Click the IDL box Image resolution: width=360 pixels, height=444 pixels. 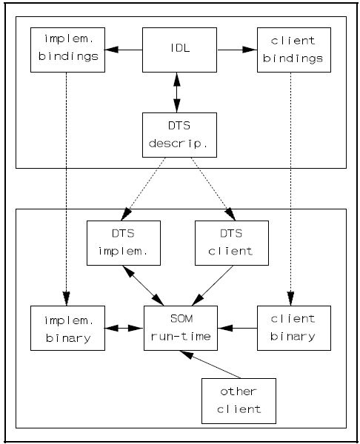(x=179, y=50)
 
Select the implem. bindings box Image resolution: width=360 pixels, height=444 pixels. (x=67, y=50)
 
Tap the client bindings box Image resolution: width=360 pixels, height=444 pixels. (x=294, y=50)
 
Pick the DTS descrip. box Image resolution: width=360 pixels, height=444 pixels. (x=179, y=135)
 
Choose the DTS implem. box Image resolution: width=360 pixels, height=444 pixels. (x=124, y=243)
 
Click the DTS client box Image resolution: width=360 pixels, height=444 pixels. (x=232, y=243)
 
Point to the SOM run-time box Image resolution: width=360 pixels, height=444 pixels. (x=181, y=328)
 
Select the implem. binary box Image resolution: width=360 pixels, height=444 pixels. (x=67, y=328)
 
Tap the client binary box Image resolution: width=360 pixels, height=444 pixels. (x=294, y=328)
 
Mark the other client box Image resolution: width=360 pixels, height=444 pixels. (x=239, y=401)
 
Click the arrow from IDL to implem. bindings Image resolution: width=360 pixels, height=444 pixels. (x=124, y=50)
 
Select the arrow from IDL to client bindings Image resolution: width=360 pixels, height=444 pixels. (x=237, y=50)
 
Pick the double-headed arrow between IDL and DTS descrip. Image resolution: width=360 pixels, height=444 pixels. (x=177, y=92)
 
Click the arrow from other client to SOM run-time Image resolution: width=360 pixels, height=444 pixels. (x=210, y=364)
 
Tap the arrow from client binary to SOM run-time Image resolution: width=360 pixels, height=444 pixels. (x=237, y=328)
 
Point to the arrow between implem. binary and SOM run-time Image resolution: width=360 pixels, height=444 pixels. (x=124, y=328)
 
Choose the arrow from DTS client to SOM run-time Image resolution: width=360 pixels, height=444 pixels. (x=213, y=286)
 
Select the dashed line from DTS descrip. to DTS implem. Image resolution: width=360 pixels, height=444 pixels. (x=143, y=189)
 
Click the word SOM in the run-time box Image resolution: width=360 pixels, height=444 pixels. (x=181, y=319)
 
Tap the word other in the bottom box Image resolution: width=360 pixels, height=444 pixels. (x=239, y=391)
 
